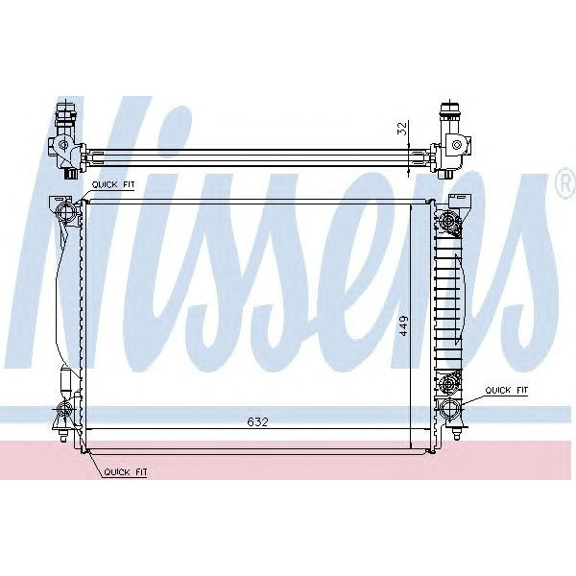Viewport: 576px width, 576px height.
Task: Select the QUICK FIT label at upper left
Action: [x=113, y=184]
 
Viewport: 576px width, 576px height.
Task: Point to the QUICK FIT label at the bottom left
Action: [x=125, y=472]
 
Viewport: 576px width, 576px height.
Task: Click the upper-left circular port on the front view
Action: [x=65, y=211]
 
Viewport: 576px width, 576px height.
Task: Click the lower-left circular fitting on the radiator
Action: [x=64, y=412]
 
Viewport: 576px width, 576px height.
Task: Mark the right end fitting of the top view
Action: [x=450, y=144]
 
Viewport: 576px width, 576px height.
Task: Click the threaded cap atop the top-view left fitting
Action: [x=66, y=116]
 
